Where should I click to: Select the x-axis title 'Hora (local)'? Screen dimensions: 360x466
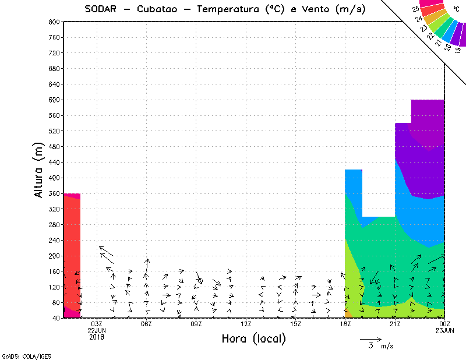click(253, 339)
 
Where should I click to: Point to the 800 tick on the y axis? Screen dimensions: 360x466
click(53, 22)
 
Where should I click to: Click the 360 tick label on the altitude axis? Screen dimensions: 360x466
click(53, 193)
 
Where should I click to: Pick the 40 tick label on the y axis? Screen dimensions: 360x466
click(55, 318)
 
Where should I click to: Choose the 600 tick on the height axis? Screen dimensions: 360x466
click(53, 100)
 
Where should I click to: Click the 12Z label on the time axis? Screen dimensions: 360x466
click(246, 324)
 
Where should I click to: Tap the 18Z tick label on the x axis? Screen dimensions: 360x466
click(345, 324)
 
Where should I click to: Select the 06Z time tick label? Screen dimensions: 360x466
click(146, 324)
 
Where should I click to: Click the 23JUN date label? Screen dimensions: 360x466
click(444, 331)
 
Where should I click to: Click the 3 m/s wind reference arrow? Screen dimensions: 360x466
click(370, 338)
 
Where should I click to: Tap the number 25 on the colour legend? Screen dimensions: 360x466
click(415, 9)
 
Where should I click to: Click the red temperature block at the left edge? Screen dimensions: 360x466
click(71, 250)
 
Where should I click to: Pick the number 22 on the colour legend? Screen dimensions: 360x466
click(431, 36)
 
